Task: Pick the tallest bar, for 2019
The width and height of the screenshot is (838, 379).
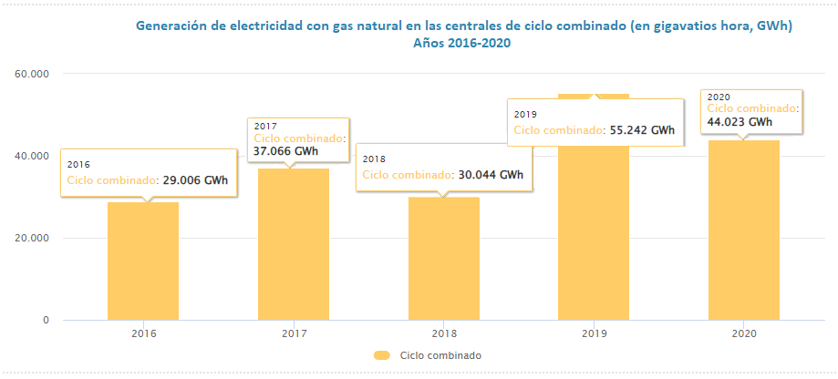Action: pos(595,228)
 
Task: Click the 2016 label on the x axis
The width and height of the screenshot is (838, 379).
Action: pos(143,333)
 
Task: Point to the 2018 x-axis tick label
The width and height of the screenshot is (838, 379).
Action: pos(444,333)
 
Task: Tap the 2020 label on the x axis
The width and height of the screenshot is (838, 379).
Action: pos(744,333)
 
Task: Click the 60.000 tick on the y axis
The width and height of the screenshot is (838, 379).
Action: pos(32,73)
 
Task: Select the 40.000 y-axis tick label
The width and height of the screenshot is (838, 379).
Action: pos(32,156)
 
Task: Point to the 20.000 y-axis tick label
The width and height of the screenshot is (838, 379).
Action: pos(32,239)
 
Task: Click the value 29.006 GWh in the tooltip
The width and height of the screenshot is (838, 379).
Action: pos(194,180)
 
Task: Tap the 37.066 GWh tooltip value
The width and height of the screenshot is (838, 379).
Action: pos(285,151)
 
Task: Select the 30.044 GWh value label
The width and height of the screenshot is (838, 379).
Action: pos(491,174)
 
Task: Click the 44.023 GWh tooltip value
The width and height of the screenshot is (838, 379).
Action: pos(740,121)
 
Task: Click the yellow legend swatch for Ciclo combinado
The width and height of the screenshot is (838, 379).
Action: pos(382,355)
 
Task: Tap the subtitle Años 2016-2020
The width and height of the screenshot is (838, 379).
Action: pos(461,43)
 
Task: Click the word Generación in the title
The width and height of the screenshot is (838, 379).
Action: pos(171,26)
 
